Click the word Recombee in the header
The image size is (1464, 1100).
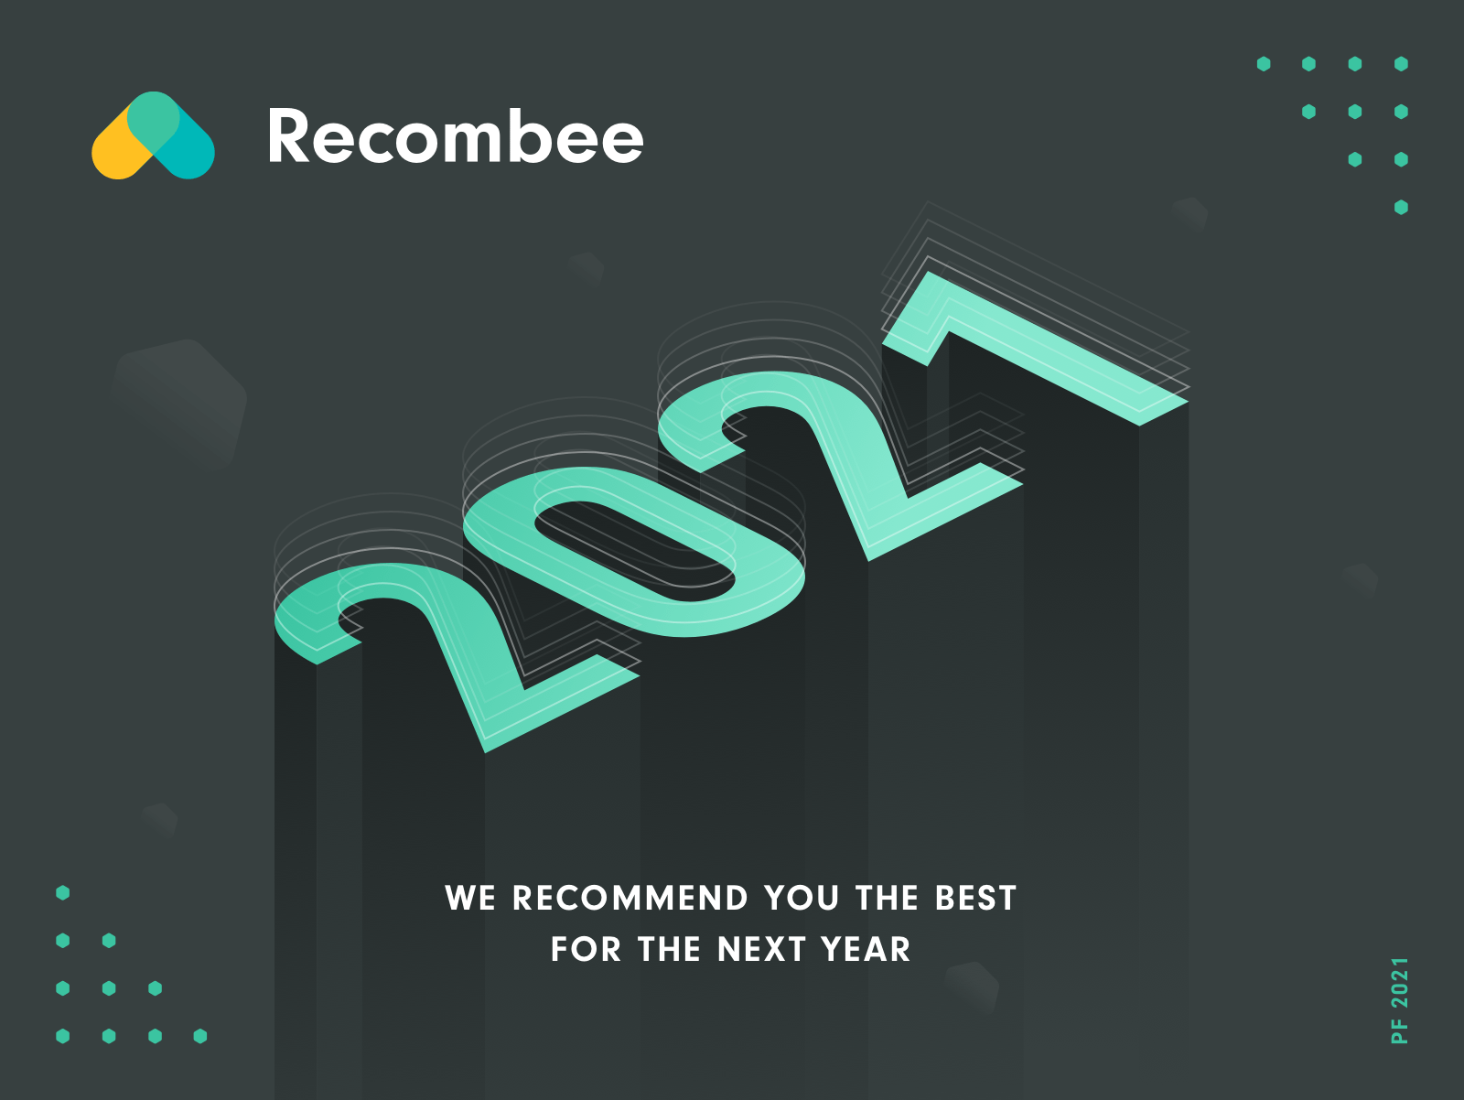[x=456, y=136]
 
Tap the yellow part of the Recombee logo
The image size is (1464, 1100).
[x=120, y=150]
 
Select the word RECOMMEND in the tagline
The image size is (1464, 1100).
[x=630, y=898]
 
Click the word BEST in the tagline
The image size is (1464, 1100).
[x=975, y=898]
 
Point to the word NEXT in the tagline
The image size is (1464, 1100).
[x=761, y=949]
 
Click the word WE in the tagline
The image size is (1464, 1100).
[x=470, y=898]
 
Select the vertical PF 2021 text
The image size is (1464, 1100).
[x=1400, y=1000]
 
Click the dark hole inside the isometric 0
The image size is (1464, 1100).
[x=633, y=551]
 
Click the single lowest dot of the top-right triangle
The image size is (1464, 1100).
[x=1401, y=208]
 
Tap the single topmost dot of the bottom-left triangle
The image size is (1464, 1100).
[x=63, y=892]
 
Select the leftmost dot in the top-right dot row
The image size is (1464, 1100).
[x=1264, y=63]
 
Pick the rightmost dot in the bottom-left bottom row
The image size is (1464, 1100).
[x=200, y=1036]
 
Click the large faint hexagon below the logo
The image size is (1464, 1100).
[x=178, y=404]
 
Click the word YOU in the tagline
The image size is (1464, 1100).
[x=802, y=898]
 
